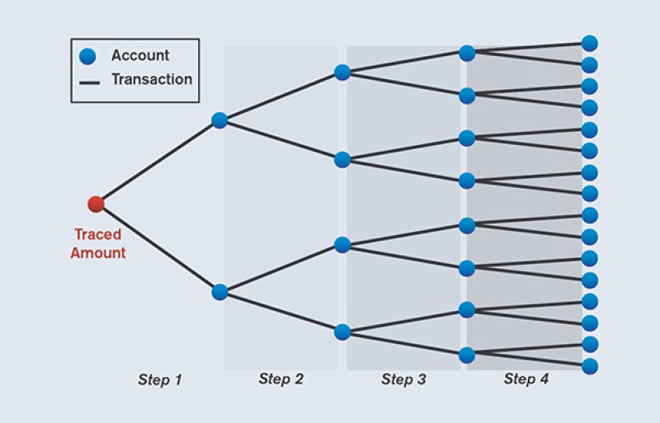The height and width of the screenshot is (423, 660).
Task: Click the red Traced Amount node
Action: (x=96, y=204)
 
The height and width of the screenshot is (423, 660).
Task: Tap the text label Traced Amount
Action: (x=97, y=244)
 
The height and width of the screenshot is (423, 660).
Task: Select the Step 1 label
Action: (x=159, y=379)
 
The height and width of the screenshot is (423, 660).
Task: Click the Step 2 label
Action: (x=280, y=379)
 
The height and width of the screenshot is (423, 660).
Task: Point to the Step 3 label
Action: (x=403, y=379)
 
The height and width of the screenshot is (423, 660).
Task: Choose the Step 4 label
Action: (x=526, y=379)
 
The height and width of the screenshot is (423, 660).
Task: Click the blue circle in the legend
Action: (x=88, y=57)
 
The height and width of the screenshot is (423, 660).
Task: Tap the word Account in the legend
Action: (x=140, y=56)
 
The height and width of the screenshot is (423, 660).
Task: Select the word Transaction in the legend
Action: (x=152, y=80)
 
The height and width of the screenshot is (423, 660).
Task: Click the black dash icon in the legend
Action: (x=88, y=81)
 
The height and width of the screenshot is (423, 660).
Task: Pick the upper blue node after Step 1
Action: (x=219, y=120)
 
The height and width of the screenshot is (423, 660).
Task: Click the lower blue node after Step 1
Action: (x=219, y=292)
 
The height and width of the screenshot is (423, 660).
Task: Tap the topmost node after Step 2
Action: (x=342, y=73)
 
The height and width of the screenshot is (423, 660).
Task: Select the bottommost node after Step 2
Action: (x=342, y=332)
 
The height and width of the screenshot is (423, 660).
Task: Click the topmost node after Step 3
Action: (x=467, y=54)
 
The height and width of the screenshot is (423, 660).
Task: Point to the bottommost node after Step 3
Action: (x=467, y=355)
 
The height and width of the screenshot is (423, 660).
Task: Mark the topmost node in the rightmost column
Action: (x=589, y=43)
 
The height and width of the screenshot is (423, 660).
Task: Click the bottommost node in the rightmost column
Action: (x=589, y=365)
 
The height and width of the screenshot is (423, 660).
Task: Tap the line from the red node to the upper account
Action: (x=157, y=162)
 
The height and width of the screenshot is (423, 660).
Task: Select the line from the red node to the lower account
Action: (x=157, y=247)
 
